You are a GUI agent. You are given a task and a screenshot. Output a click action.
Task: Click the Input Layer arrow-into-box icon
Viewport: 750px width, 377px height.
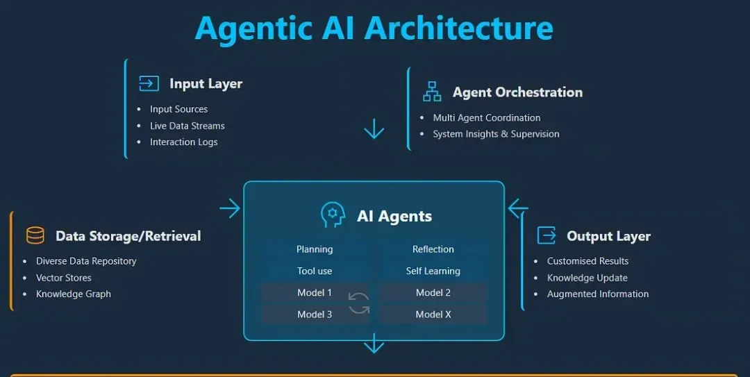click(x=149, y=84)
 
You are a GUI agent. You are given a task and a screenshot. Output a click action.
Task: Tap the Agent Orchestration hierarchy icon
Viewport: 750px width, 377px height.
click(x=432, y=92)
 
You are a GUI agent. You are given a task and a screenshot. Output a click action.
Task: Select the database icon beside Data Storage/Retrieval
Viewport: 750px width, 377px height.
click(x=35, y=235)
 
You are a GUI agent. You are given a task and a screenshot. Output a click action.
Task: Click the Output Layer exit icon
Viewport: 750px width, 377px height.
click(x=547, y=235)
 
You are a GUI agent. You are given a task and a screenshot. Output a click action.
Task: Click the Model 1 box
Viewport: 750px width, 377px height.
click(x=315, y=293)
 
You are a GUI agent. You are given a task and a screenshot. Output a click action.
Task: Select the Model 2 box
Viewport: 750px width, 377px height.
click(x=433, y=293)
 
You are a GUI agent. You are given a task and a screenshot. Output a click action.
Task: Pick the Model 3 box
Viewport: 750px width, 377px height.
click(x=315, y=315)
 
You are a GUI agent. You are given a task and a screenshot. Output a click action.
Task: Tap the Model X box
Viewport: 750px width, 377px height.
click(x=433, y=315)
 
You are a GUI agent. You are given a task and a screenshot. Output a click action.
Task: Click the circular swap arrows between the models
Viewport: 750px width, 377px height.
click(x=359, y=303)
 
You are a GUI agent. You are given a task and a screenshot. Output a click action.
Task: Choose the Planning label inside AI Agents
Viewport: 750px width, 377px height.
click(x=315, y=249)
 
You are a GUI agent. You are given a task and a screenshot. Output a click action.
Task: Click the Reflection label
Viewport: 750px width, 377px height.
click(x=433, y=249)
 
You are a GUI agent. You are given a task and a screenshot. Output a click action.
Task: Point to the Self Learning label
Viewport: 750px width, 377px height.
click(x=433, y=271)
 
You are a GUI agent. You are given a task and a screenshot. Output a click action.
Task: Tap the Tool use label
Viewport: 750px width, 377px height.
click(x=315, y=271)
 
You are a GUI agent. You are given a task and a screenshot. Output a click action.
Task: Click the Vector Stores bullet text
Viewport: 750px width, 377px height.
click(x=64, y=278)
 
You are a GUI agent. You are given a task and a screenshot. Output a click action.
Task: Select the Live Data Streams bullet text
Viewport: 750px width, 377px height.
click(x=187, y=126)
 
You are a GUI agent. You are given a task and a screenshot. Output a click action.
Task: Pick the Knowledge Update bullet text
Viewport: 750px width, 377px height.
click(x=587, y=278)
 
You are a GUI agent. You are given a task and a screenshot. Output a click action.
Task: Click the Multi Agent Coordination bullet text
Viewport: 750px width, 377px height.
click(x=487, y=118)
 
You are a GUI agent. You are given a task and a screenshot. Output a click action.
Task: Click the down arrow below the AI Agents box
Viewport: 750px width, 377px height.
click(x=374, y=344)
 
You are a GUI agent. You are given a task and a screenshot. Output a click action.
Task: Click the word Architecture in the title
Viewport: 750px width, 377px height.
click(x=458, y=28)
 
